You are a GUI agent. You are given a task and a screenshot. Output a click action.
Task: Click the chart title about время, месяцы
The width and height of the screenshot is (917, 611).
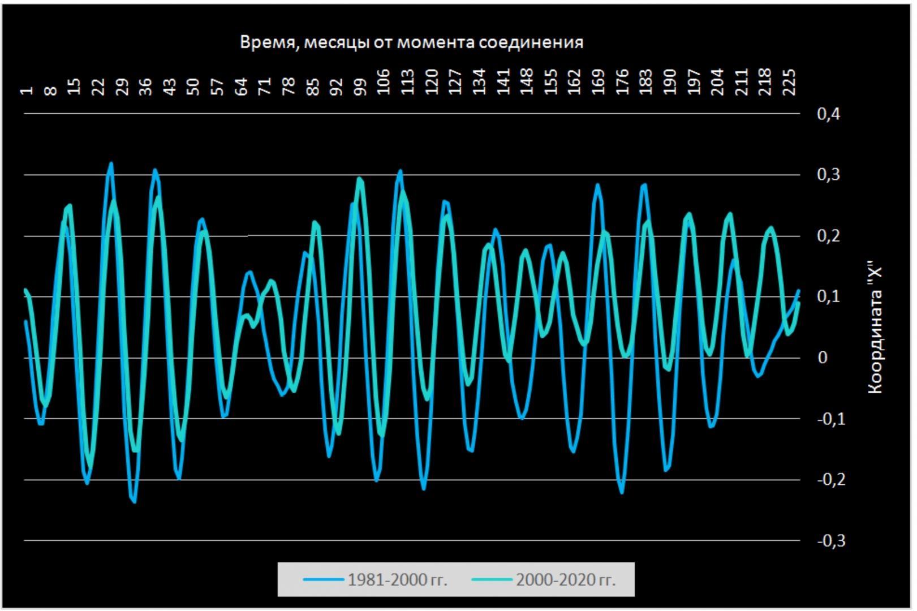[x=411, y=42]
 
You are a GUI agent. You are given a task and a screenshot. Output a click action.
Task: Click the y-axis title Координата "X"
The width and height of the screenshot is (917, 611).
[x=875, y=327]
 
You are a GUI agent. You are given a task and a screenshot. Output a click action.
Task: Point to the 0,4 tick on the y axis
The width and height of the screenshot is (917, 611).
[x=828, y=114]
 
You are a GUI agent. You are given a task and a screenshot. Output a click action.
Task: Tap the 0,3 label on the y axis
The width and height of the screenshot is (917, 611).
[x=828, y=175]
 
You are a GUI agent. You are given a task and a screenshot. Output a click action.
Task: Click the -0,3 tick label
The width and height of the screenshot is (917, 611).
[x=831, y=541]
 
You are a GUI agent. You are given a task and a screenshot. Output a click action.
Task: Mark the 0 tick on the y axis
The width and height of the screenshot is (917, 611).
[x=823, y=358]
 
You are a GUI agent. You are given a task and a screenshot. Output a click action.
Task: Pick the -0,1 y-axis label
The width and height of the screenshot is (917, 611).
[x=831, y=419]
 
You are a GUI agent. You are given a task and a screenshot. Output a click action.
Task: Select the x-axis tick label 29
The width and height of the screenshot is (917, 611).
[x=122, y=87]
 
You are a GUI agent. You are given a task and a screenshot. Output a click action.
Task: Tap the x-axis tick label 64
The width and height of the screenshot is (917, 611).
[x=242, y=87]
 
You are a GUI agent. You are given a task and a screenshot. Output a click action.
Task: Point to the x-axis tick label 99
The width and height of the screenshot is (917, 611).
[x=360, y=87]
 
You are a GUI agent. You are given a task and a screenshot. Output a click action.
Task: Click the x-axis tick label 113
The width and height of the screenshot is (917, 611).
[x=408, y=82]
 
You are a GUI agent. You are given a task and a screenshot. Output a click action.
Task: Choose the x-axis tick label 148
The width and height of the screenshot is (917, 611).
[x=527, y=82]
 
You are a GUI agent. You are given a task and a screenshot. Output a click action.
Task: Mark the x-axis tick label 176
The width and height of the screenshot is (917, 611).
[x=622, y=82]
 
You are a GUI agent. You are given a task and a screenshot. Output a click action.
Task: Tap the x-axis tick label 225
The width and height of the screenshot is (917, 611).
[x=789, y=82]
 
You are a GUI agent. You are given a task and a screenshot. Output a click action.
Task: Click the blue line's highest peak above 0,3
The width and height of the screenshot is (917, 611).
[x=111, y=163]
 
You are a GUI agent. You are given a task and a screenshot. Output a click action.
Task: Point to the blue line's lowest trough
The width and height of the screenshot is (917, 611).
[x=134, y=501]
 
